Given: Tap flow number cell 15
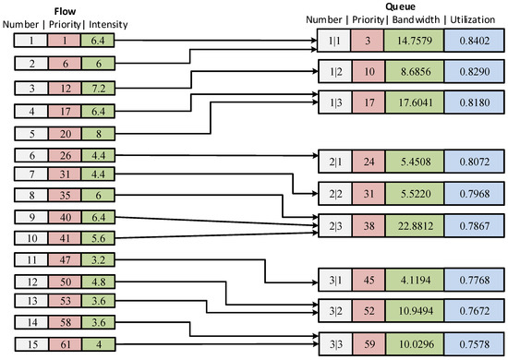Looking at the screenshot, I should point(32,345).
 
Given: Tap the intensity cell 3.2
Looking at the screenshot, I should point(97,261).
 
